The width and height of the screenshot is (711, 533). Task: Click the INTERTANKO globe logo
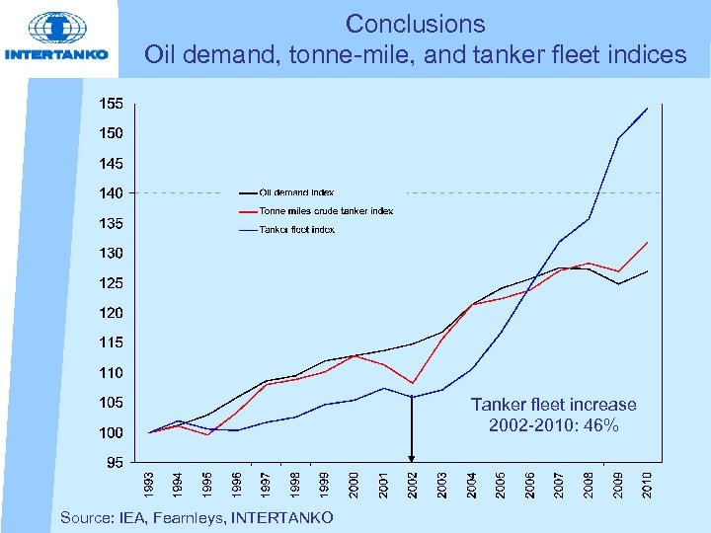click(57, 28)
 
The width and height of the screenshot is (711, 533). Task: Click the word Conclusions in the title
click(415, 24)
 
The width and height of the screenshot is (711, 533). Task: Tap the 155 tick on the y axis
click(110, 104)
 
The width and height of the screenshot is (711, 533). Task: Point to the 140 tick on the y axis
click(110, 192)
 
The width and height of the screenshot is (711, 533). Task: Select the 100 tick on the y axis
click(110, 432)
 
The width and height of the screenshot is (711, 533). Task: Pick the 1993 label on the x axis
click(147, 484)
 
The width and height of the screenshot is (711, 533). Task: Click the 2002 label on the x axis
click(413, 484)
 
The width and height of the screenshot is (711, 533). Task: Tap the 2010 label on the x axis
click(648, 484)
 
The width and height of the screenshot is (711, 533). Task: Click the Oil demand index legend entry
click(296, 191)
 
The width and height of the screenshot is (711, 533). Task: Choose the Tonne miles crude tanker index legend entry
click(326, 210)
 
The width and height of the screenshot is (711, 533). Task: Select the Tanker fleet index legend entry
click(296, 229)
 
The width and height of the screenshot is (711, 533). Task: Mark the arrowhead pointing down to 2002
click(413, 457)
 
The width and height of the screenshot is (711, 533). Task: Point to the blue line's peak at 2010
click(647, 108)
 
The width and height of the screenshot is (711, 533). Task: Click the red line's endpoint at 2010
click(647, 242)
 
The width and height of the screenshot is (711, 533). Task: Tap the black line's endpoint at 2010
click(647, 270)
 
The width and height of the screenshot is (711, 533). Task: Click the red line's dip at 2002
click(412, 383)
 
